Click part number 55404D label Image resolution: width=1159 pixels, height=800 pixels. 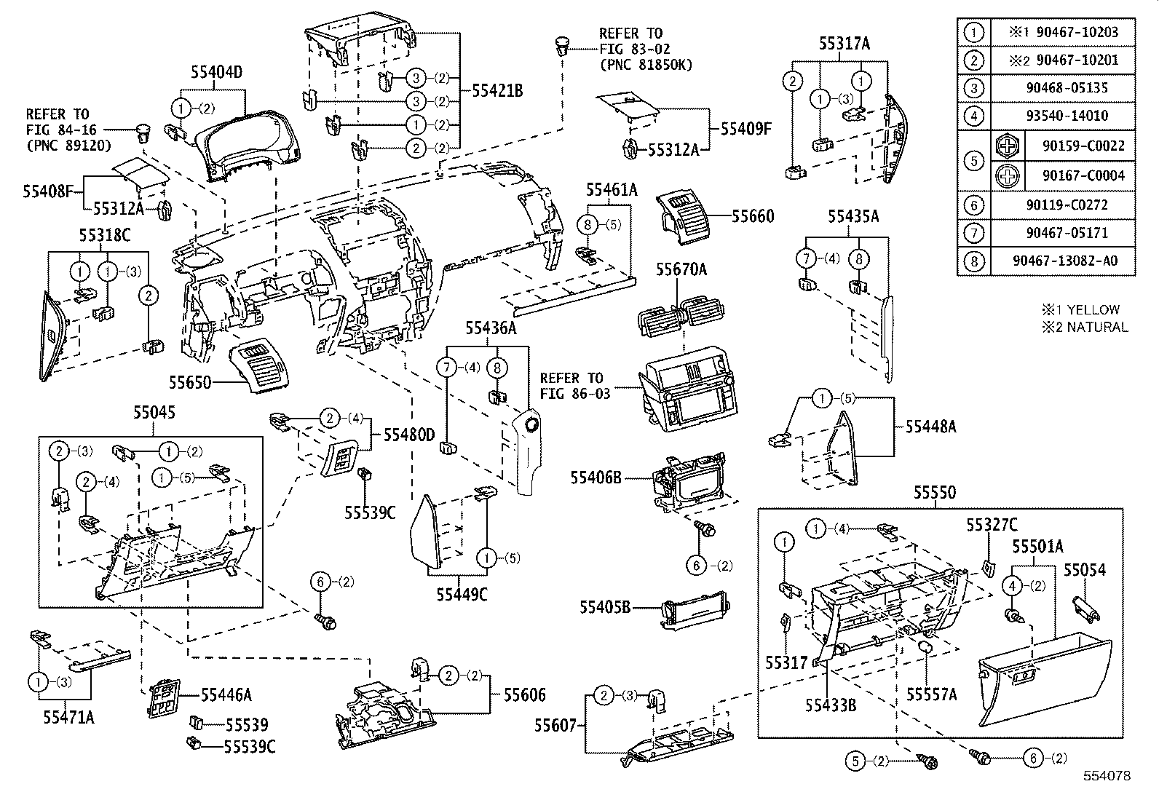click(x=216, y=72)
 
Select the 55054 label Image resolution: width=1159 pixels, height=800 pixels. click(x=1085, y=570)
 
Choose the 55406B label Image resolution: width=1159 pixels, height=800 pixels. click(x=596, y=478)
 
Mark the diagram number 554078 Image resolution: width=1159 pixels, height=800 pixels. click(x=1107, y=776)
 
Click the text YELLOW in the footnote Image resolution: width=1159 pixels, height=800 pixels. click(x=1093, y=309)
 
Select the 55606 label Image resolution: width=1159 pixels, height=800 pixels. click(x=524, y=696)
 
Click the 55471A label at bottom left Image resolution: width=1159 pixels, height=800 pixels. click(x=68, y=718)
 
